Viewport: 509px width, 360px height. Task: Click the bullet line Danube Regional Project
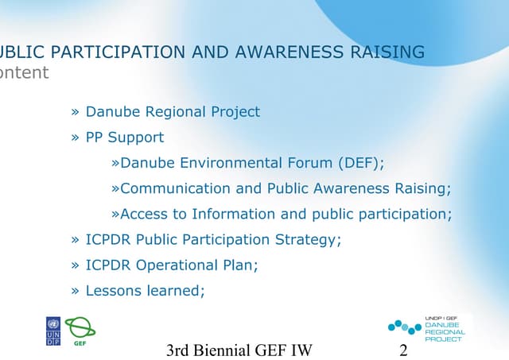click(x=173, y=112)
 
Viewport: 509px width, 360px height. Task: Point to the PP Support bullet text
click(x=125, y=137)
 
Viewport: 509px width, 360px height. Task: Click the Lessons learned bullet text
click(x=145, y=290)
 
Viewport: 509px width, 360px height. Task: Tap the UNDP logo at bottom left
click(x=53, y=331)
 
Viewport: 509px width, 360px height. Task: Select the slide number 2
click(x=403, y=350)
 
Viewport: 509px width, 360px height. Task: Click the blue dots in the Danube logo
click(x=404, y=327)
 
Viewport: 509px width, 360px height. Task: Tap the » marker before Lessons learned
click(x=76, y=290)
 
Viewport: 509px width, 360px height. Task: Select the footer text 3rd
click(x=182, y=350)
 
